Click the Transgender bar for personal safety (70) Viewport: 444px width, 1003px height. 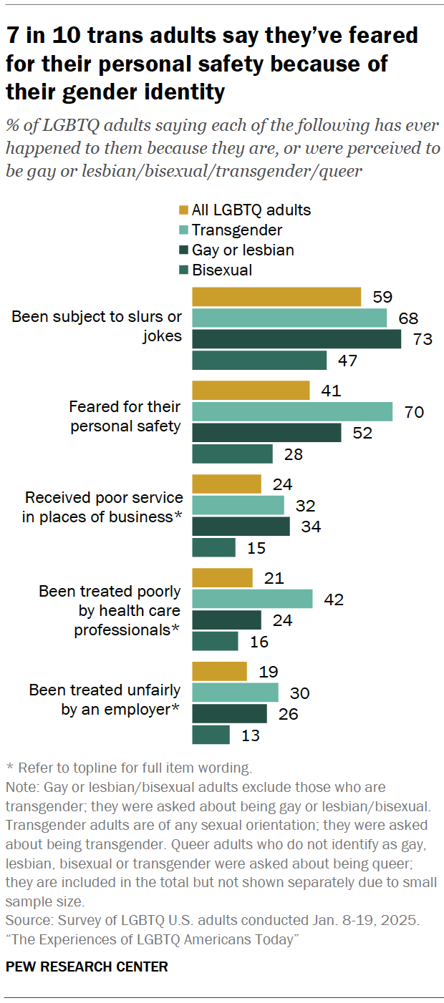click(x=292, y=411)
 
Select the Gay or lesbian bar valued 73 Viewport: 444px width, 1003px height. click(x=296, y=339)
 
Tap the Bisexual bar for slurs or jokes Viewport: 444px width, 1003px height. click(x=259, y=360)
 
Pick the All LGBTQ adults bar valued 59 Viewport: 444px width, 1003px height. click(x=276, y=296)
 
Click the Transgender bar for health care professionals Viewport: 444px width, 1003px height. click(x=252, y=599)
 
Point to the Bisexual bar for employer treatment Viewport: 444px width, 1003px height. click(x=211, y=735)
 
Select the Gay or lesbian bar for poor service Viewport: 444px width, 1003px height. click(x=241, y=527)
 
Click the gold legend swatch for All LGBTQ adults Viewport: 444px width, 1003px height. click(x=183, y=210)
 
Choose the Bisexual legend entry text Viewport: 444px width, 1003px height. click(x=222, y=270)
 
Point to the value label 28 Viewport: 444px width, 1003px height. click(x=292, y=454)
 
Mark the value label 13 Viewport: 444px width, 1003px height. click(x=249, y=735)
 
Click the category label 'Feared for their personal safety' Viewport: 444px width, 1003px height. click(x=125, y=416)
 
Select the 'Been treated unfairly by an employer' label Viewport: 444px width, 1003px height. click(x=105, y=700)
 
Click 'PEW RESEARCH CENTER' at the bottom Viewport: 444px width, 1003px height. click(x=87, y=967)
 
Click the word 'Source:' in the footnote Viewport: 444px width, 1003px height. click(x=26, y=918)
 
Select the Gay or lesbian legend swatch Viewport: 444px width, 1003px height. click(x=183, y=250)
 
